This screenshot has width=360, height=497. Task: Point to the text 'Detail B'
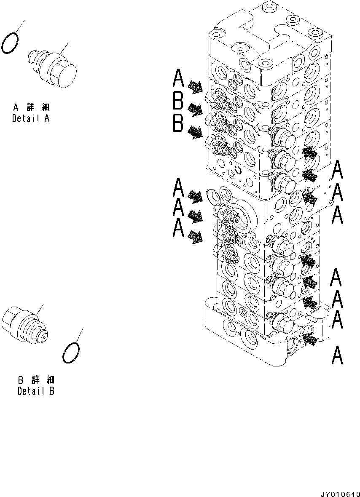pos(36,391)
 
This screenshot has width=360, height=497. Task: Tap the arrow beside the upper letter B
pos(195,110)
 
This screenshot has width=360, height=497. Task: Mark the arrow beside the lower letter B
pos(195,132)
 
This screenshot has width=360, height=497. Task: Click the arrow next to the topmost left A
pos(195,87)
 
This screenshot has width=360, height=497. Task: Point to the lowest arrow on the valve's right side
pos(309,339)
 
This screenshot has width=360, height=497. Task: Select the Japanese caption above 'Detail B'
pos(36,380)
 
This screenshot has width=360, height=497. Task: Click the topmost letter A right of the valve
pos(337,171)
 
